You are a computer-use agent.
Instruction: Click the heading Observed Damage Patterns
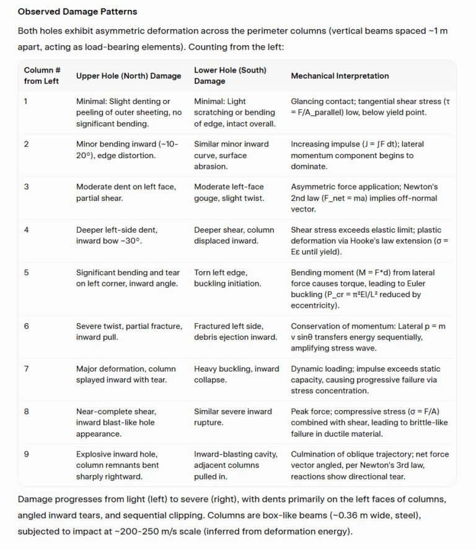tap(77, 12)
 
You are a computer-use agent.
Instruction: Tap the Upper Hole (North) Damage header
tap(128, 76)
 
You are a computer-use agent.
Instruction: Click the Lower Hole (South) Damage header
tap(230, 76)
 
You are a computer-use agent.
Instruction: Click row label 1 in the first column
tap(26, 101)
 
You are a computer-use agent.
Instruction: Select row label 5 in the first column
tap(26, 272)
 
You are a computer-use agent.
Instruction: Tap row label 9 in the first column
tap(26, 455)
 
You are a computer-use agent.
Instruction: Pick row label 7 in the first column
tap(26, 369)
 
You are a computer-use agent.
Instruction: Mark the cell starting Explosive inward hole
tap(118, 465)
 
